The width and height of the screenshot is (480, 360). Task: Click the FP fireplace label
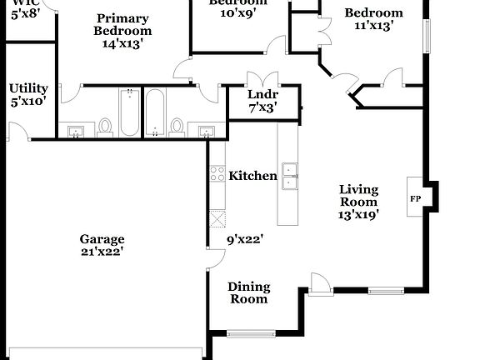click(415, 199)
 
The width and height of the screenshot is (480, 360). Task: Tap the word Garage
click(102, 237)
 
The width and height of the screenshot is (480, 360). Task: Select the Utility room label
click(28, 87)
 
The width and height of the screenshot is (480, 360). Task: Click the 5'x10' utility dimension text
click(28, 101)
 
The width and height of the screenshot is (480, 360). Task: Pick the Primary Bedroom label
click(122, 24)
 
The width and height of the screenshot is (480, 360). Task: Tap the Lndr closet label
click(262, 94)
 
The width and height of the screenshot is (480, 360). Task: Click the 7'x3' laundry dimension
click(262, 107)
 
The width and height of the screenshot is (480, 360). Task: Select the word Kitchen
click(253, 176)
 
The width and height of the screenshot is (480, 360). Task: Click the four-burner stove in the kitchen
click(217, 174)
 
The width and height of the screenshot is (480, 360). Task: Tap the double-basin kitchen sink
click(290, 177)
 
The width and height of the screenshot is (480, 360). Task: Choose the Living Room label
click(358, 196)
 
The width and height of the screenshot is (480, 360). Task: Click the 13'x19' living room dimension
click(358, 214)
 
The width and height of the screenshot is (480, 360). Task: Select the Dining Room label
click(248, 292)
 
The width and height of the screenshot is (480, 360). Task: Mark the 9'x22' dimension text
click(245, 239)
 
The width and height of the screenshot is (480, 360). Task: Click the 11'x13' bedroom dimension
click(373, 26)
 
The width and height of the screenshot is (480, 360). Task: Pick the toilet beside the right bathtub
click(176, 126)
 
